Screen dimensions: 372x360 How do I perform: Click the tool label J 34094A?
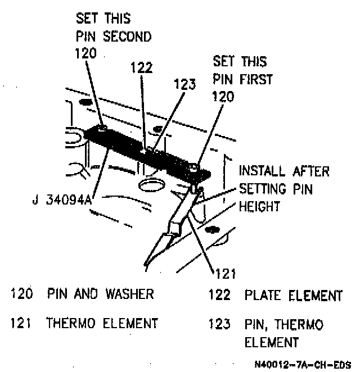click(x=58, y=200)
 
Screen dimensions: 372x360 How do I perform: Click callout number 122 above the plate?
click(x=142, y=67)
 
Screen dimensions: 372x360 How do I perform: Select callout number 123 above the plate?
click(x=184, y=85)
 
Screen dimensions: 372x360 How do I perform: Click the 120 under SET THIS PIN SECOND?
click(x=85, y=53)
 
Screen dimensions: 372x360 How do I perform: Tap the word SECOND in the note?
click(x=130, y=37)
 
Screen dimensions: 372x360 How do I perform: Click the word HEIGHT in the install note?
click(x=259, y=206)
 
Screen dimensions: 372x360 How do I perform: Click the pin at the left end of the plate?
click(x=101, y=128)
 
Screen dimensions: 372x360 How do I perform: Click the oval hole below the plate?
click(x=149, y=185)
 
